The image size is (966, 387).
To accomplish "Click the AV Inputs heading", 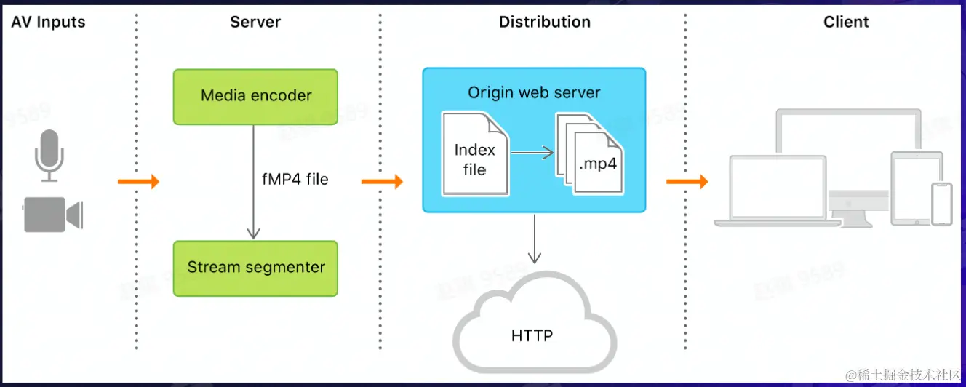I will [48, 22].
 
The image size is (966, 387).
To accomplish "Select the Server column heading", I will [255, 22].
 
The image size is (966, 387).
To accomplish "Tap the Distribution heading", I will [544, 22].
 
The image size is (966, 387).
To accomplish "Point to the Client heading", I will [846, 22].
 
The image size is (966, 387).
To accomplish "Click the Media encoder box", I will [255, 96].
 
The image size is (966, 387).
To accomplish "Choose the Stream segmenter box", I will [255, 268].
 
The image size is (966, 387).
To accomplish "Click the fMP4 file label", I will [295, 179].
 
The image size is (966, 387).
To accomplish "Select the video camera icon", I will [53, 214].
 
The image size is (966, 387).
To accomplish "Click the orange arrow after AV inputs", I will [138, 182].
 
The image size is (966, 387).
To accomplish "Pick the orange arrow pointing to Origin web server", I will [382, 182].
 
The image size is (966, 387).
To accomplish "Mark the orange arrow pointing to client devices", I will [687, 182].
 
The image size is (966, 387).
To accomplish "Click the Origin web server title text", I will [534, 93].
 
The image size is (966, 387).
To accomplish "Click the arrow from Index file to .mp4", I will [532, 153].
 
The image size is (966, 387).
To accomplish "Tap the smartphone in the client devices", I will [942, 204].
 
